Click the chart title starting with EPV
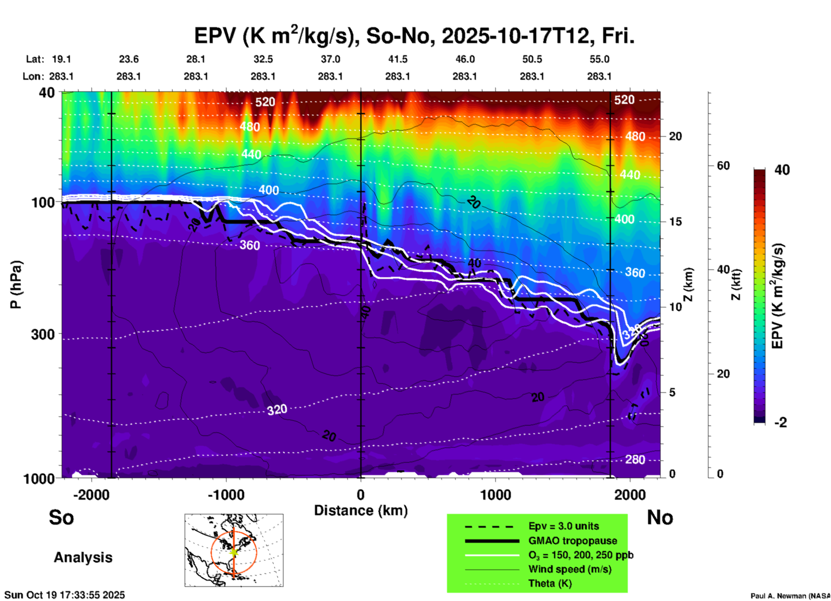[414, 36]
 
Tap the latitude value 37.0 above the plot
[330, 59]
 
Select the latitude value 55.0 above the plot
[599, 59]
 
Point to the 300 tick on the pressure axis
[43, 334]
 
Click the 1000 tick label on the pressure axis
[39, 478]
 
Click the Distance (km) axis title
[361, 510]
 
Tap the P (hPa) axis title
[16, 285]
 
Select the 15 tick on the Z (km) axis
[675, 222]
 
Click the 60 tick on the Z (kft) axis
[723, 166]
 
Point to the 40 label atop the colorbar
[782, 170]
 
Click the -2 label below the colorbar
[781, 423]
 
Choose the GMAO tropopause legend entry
[573, 541]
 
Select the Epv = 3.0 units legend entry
[563, 526]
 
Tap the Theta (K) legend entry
[550, 583]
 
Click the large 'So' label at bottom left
[61, 517]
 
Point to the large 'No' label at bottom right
[660, 517]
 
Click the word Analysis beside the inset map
[83, 557]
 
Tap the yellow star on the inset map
[234, 551]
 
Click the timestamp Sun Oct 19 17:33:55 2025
[65, 595]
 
